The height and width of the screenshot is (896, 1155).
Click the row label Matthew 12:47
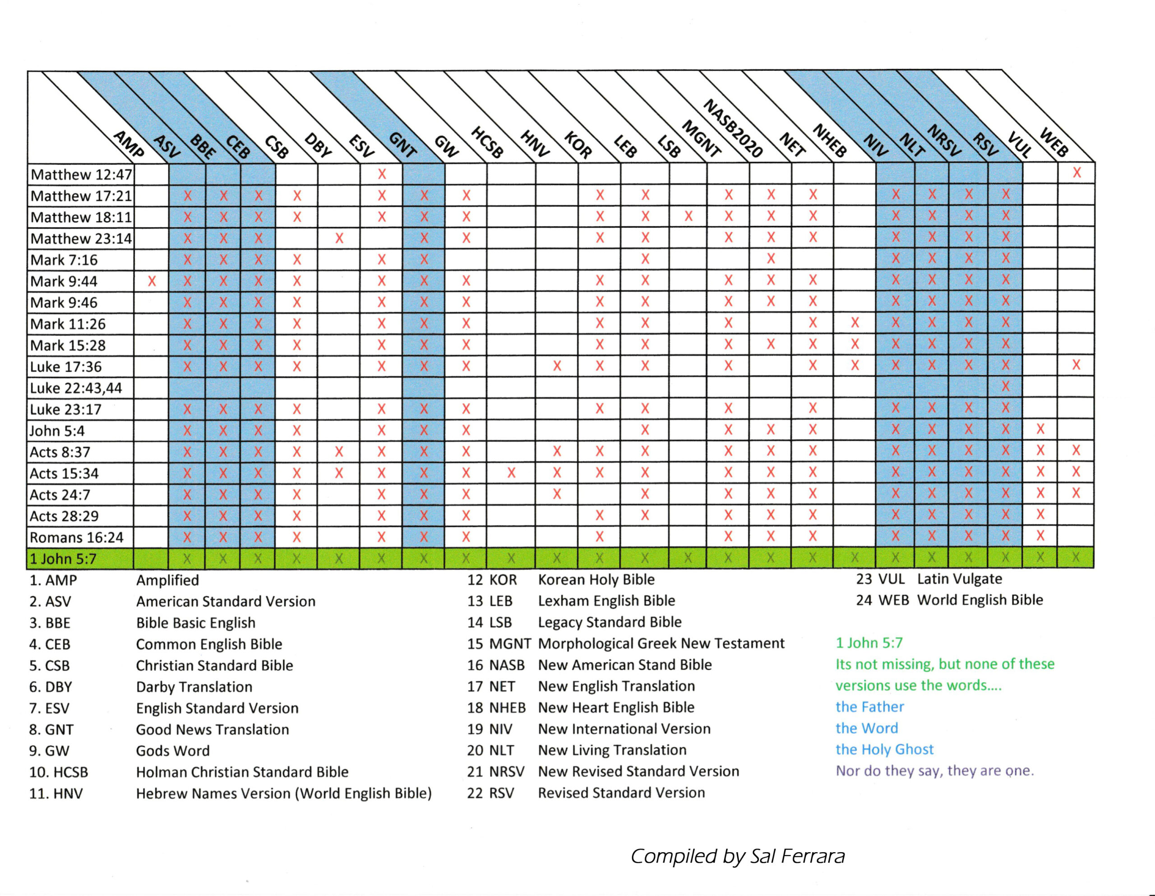(81, 175)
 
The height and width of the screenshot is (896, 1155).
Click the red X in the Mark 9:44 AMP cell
(152, 281)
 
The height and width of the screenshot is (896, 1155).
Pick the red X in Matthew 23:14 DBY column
(339, 239)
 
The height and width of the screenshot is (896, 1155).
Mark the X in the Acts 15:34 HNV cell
(511, 473)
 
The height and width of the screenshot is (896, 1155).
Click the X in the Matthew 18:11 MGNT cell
(688, 216)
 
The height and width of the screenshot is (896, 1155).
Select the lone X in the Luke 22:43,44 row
(1005, 387)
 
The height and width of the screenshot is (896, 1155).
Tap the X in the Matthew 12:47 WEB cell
(1076, 173)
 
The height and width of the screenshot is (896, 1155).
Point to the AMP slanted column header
(129, 144)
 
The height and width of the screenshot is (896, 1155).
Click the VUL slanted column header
(1019, 145)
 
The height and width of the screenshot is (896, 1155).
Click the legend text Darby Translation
(194, 687)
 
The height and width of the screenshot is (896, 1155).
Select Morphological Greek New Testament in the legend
(661, 644)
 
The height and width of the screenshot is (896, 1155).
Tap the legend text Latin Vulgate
(959, 579)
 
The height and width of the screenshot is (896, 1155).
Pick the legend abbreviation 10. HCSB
(59, 772)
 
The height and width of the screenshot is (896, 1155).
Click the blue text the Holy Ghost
(884, 749)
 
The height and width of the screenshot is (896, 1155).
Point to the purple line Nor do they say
(934, 771)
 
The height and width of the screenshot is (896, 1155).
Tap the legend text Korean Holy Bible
(596, 580)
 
